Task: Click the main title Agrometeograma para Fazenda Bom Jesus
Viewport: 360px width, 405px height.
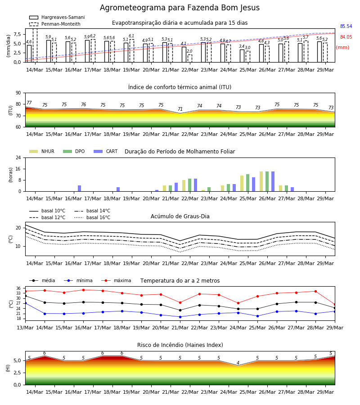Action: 180,8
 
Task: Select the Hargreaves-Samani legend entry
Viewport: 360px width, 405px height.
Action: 57,17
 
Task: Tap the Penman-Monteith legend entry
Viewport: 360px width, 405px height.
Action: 55,24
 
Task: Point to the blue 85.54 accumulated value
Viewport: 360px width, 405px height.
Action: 346,27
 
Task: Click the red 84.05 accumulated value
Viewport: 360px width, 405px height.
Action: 346,37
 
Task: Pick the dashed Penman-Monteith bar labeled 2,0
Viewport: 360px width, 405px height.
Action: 190,58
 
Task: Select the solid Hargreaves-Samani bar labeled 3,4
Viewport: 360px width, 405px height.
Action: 242,56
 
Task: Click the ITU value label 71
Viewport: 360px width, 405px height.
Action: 180,109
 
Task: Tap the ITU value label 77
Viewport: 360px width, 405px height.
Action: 29,103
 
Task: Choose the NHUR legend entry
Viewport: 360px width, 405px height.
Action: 42,151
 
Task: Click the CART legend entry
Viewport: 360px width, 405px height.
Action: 106,151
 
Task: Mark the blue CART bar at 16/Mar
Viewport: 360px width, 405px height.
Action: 80,189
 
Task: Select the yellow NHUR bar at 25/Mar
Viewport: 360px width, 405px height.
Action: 242,184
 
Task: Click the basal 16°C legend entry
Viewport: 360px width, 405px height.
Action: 92,217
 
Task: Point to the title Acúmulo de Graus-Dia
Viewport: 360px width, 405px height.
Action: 180,216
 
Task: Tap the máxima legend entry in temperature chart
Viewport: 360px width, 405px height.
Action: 116,280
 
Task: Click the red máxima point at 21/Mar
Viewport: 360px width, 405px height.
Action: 180,302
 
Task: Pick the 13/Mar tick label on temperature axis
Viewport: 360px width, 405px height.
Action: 25,328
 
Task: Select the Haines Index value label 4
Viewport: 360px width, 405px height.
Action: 238,363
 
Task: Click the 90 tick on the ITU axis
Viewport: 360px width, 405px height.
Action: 18,93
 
